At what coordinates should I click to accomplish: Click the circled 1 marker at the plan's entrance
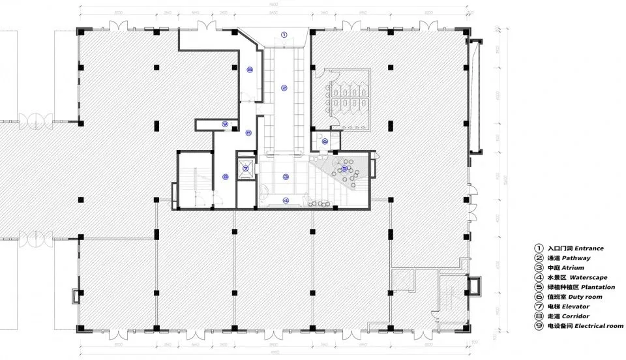point(284,35)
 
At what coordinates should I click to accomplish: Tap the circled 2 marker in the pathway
point(284,87)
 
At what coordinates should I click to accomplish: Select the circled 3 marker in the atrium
point(286,177)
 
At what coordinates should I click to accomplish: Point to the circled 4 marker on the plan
point(286,200)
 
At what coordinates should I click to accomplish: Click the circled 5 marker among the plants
point(344,168)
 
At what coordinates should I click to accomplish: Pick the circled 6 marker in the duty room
point(325,142)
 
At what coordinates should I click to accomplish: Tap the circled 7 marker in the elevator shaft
point(246,168)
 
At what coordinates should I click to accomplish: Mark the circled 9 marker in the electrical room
point(225,123)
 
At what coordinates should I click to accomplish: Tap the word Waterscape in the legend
point(588,278)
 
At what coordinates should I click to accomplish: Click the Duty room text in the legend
point(586,297)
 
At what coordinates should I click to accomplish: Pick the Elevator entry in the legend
point(575,307)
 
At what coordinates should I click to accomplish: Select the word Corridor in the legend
point(576,316)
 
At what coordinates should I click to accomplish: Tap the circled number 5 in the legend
point(539,287)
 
